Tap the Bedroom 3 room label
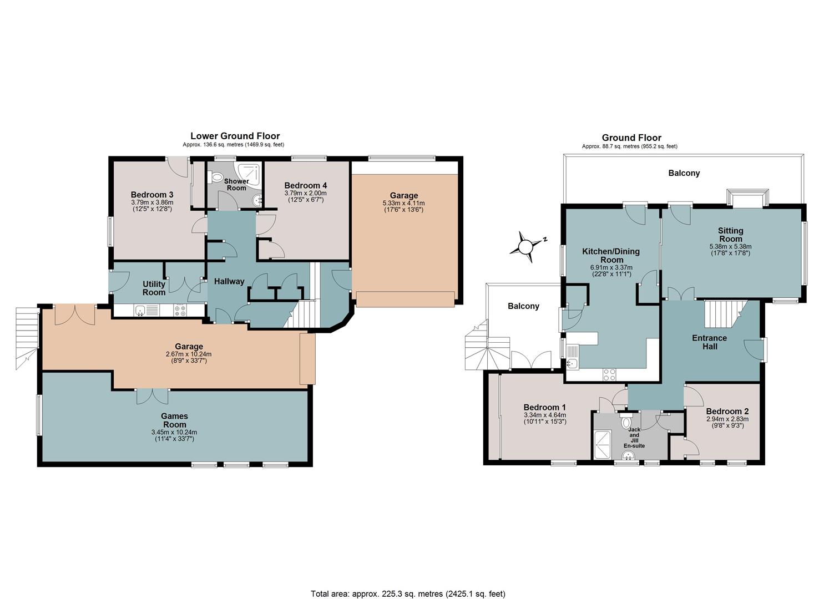152,195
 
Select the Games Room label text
174,420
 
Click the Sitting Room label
731,235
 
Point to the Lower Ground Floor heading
235,136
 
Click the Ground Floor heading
631,138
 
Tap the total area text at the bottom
408,583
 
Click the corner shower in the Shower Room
250,174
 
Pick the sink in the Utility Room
140,311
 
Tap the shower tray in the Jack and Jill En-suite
603,445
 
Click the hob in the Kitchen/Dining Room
609,375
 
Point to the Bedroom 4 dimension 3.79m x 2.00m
305,193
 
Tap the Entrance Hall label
710,342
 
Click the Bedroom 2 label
727,412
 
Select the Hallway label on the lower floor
229,281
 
